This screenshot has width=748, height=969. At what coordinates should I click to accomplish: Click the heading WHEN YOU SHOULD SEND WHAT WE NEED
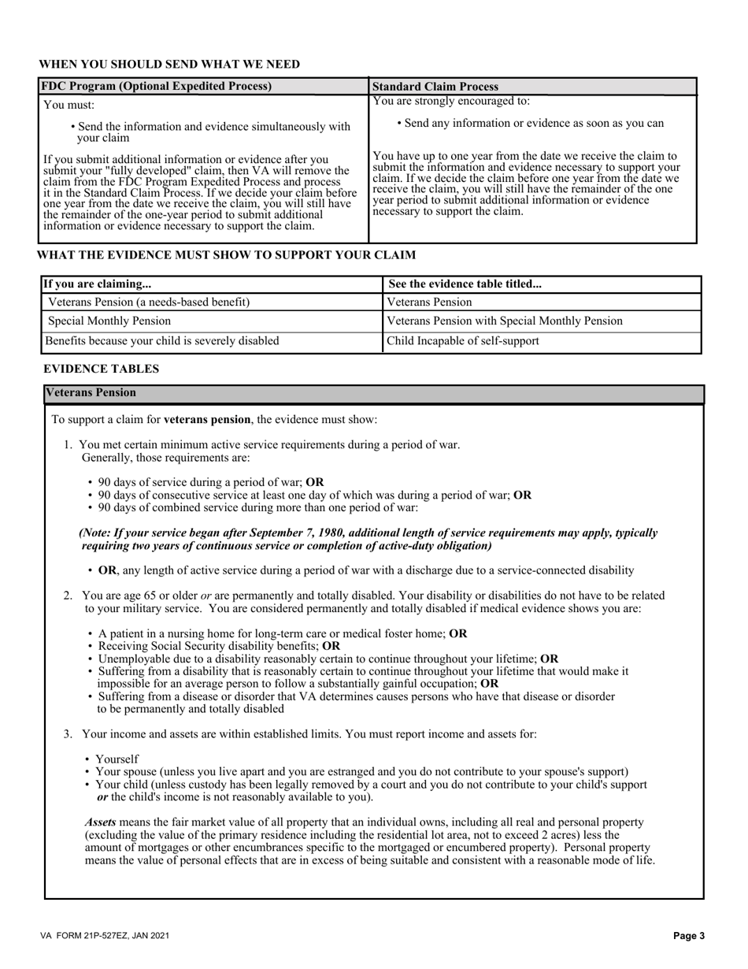(x=169, y=65)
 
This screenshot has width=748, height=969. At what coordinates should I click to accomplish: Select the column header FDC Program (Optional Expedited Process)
(x=157, y=86)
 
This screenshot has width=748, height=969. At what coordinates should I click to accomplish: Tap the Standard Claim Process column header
(x=435, y=87)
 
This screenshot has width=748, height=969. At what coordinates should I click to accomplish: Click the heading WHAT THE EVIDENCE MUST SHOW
(x=227, y=255)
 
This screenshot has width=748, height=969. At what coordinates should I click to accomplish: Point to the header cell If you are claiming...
(x=97, y=284)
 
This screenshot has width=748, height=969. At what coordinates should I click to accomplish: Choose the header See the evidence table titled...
(x=465, y=284)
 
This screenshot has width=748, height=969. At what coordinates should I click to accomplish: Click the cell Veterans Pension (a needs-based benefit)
(x=150, y=302)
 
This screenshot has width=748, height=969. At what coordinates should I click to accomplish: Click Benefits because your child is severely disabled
(x=161, y=341)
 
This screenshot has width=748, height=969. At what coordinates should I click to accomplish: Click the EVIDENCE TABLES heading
(x=101, y=369)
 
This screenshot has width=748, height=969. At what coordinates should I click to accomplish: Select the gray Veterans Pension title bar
(x=374, y=393)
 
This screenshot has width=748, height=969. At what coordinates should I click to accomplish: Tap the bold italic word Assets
(x=100, y=822)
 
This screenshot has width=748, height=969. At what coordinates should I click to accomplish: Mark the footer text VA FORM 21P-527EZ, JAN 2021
(x=106, y=936)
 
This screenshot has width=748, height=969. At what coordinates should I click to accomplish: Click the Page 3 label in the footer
(x=689, y=936)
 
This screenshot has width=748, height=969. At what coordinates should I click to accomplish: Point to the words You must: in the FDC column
(x=69, y=105)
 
